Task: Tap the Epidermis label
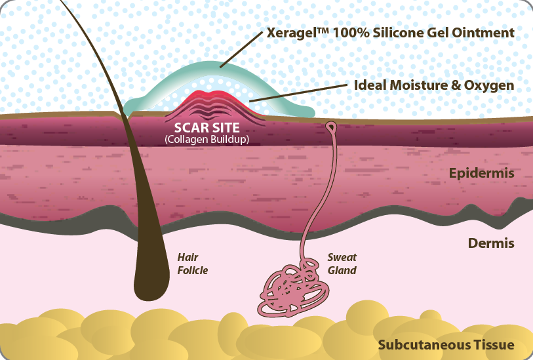coord(482,174)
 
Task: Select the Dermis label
coord(491,244)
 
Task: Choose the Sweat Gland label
coord(342,264)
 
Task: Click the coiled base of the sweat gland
coord(289,289)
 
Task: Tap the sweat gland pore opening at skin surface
coord(331,126)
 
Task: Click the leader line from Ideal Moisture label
coord(298,94)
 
